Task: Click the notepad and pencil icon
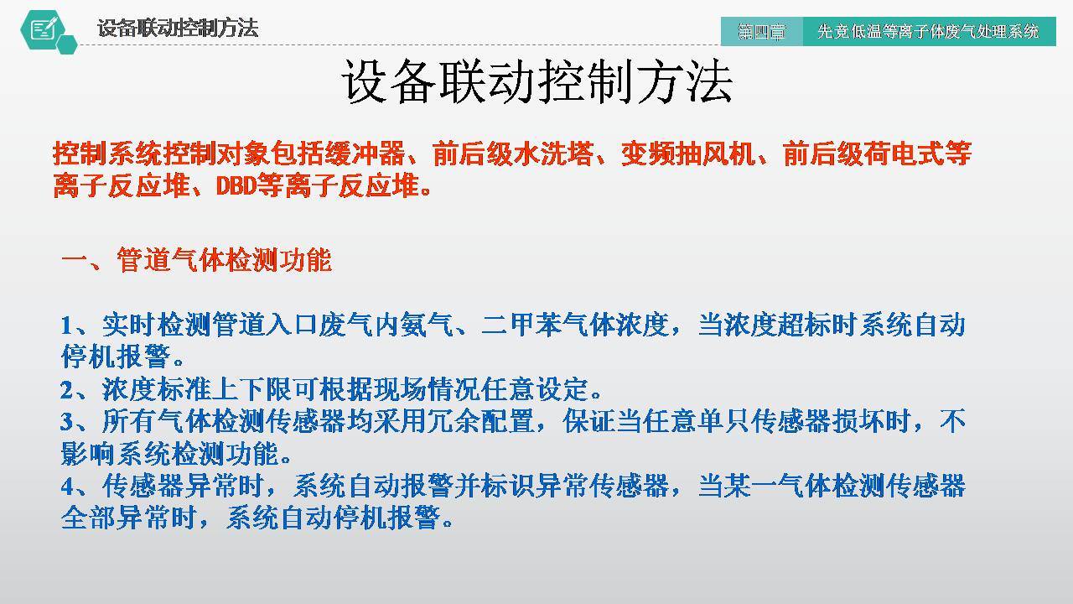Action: [x=44, y=29]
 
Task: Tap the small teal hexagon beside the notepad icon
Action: [x=67, y=44]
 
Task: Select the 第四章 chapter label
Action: [x=761, y=32]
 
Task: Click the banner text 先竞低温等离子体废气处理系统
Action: [x=928, y=32]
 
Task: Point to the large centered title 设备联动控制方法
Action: [x=537, y=81]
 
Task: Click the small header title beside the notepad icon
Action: [x=178, y=28]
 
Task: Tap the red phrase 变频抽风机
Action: [x=688, y=154]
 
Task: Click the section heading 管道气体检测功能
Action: [x=224, y=260]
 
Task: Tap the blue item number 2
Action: [x=66, y=390]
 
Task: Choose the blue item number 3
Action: [x=66, y=422]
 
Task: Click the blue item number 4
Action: [x=67, y=487]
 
